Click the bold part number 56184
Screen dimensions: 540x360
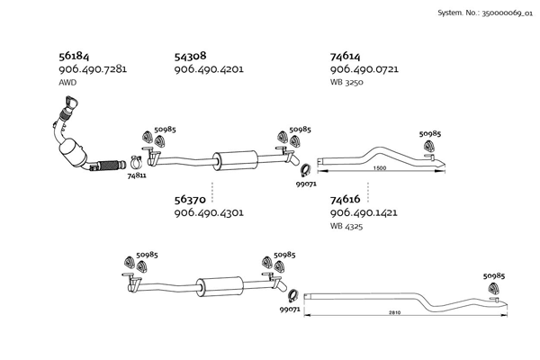pos(74,56)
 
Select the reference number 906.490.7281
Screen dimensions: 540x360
pos(93,69)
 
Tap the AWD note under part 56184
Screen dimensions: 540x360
pos(67,82)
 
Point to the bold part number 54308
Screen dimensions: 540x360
pos(191,56)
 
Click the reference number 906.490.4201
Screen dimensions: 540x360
pos(209,69)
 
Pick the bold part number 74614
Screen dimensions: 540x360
pos(345,56)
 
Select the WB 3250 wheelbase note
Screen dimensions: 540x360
pos(346,82)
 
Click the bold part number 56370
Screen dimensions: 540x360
pos(190,200)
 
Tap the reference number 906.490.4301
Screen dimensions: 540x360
pos(209,212)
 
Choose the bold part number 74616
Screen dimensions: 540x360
pos(345,200)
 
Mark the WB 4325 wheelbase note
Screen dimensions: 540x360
pos(346,226)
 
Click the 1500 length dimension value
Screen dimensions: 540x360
pos(380,168)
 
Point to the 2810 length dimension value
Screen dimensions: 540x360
pos(395,313)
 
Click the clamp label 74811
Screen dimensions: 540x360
pos(137,175)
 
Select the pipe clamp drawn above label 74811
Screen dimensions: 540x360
pos(137,163)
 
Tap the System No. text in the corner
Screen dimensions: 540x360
pos(485,13)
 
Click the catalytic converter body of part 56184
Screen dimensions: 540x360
pos(73,152)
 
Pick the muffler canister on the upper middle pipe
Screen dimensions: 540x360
pos(235,160)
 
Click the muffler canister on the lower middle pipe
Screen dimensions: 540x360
pos(220,286)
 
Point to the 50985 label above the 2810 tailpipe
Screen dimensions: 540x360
pos(494,276)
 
